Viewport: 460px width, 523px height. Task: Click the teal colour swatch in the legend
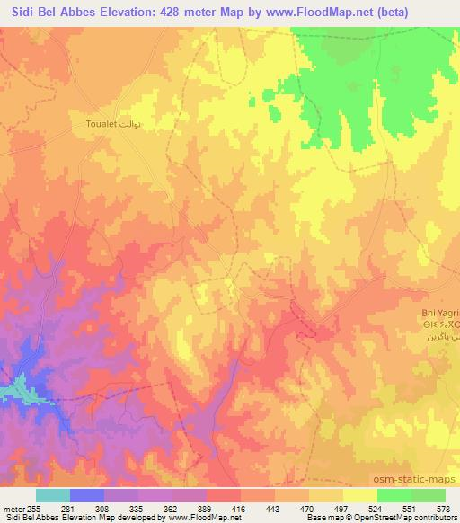tap(53, 495)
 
